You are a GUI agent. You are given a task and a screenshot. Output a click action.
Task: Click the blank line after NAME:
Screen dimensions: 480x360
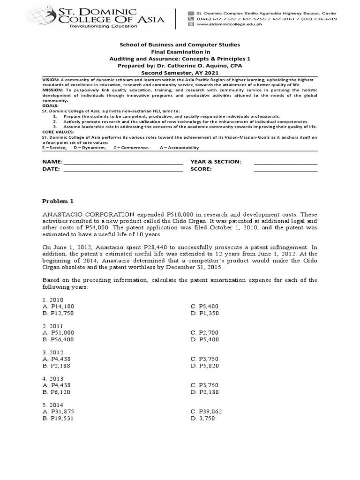(x=123, y=162)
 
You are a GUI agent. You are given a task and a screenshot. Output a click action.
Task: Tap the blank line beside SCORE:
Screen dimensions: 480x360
(x=285, y=169)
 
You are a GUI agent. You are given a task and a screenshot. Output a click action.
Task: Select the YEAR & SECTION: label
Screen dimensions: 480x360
(x=216, y=162)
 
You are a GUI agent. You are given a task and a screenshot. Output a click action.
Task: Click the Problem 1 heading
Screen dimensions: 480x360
(x=58, y=201)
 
